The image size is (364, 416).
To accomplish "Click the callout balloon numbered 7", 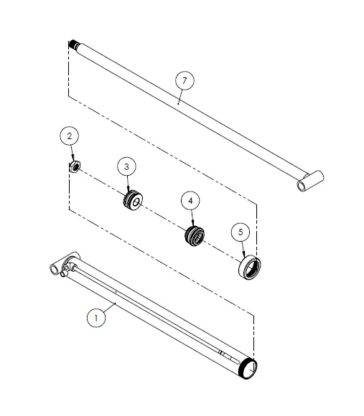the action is [185, 80].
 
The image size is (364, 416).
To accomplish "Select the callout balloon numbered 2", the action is [70, 136].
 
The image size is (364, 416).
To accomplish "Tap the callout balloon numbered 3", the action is [126, 166].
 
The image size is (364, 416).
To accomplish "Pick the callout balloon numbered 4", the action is [190, 201].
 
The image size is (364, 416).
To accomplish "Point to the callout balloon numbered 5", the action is [241, 232].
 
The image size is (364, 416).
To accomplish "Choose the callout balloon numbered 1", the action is [96, 318].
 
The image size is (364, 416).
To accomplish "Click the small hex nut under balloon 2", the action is [75, 166].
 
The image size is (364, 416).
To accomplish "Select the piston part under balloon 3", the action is [133, 201].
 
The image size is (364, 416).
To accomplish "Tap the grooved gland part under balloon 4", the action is [195, 236].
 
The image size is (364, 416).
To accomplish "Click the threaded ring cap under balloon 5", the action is [250, 267].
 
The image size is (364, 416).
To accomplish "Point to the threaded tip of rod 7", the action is [73, 44].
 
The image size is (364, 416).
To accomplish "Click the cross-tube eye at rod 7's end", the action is [310, 181].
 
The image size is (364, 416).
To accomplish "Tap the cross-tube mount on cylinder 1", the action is [65, 263].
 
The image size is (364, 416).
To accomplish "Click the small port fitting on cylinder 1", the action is [64, 273].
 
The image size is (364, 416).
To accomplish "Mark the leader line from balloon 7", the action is [180, 97].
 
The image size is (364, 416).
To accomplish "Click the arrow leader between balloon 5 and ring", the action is [243, 250].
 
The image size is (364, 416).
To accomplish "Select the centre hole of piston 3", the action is [136, 202].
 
